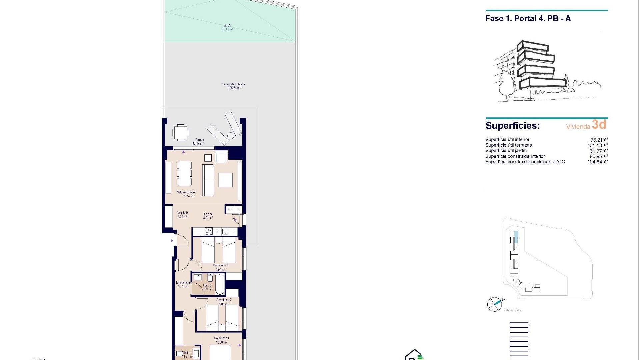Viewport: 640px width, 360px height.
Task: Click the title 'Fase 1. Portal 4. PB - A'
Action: [x=528, y=19]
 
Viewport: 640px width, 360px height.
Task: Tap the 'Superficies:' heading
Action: [x=512, y=126]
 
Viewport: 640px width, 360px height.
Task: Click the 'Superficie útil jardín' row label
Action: [x=506, y=151]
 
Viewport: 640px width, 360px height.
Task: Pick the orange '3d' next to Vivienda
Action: [x=599, y=125]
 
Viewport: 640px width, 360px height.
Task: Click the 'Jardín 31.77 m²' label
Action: [x=227, y=27]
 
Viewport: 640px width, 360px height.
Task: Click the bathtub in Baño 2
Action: [x=220, y=284]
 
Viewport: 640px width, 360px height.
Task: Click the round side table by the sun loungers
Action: [x=231, y=136]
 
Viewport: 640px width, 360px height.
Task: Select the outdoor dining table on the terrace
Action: [x=180, y=133]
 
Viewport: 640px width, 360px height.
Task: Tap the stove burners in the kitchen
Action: [x=209, y=231]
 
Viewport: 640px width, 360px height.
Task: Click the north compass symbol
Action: [x=495, y=304]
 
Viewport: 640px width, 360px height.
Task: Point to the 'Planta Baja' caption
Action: [x=513, y=310]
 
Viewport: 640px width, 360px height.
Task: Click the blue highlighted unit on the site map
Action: [x=516, y=237]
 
